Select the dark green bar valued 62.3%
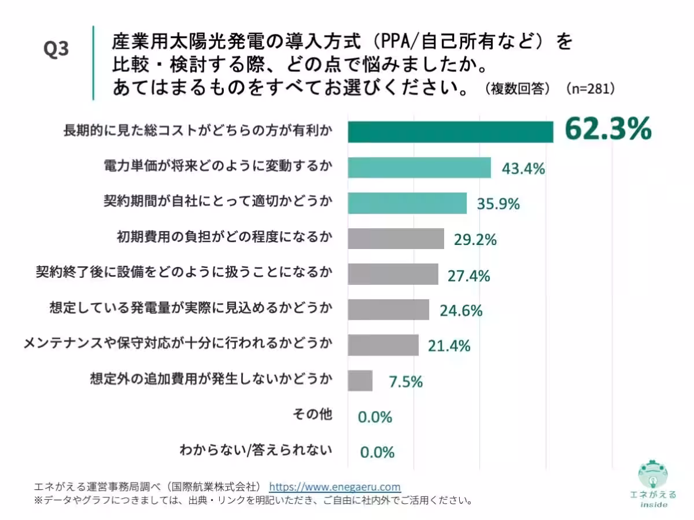[x=450, y=132]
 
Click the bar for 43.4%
[x=419, y=168]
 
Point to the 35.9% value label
[x=498, y=204]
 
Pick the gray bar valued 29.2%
[x=396, y=239]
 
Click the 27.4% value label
[x=468, y=276]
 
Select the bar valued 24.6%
[x=388, y=310]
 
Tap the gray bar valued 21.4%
[x=383, y=345]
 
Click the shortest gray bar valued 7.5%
[x=360, y=381]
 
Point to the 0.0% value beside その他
[x=375, y=417]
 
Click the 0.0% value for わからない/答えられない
[x=377, y=452]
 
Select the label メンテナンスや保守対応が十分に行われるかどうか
[x=178, y=344]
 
